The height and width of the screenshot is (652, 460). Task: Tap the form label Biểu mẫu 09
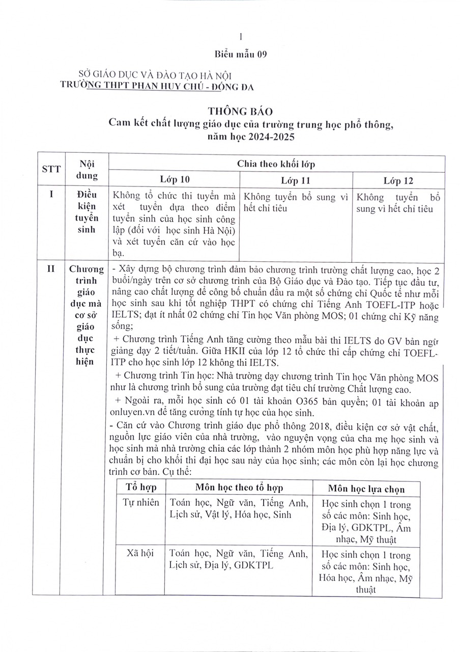[240, 54]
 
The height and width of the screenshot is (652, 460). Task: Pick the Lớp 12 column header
[398, 180]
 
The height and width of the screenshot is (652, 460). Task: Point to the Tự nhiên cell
[141, 503]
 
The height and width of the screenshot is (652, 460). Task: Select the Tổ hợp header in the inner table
[141, 486]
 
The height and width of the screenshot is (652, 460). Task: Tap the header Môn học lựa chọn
[366, 488]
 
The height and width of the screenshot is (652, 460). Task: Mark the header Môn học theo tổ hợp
[238, 487]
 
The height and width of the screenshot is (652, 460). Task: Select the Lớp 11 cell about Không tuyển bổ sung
[296, 203]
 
